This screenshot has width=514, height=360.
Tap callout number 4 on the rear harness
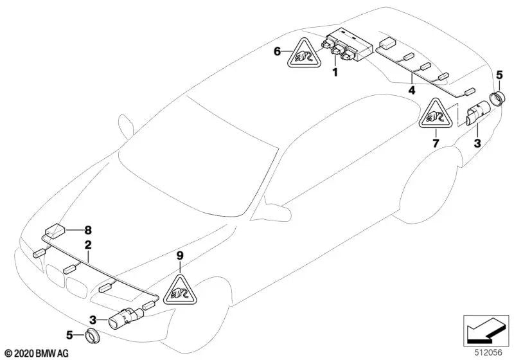coord(411,91)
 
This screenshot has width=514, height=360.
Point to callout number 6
coord(277,51)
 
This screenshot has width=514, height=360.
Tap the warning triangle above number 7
coord(435,116)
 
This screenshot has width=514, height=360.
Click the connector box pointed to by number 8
coord(55,230)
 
